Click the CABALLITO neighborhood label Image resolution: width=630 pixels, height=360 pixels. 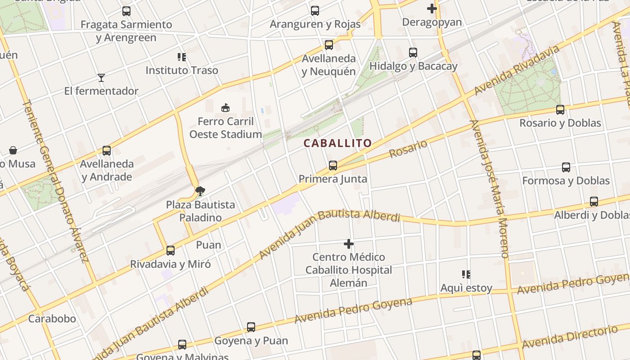[337, 144]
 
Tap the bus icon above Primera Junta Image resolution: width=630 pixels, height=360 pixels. [333, 166]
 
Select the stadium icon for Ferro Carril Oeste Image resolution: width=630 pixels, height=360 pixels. [225, 108]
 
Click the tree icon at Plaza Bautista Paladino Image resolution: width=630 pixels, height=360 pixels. [200, 192]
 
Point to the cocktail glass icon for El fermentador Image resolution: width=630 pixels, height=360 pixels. [101, 78]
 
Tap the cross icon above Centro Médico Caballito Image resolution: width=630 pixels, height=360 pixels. [348, 244]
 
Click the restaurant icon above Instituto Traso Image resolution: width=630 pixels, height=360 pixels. [182, 57]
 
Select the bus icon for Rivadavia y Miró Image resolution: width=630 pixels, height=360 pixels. [171, 251]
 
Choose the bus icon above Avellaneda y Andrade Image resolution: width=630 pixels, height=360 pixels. [107, 151]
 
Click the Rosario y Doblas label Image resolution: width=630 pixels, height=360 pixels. [560, 123]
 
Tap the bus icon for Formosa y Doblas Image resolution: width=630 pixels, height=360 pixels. [566, 167]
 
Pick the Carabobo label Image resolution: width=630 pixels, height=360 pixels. [52, 319]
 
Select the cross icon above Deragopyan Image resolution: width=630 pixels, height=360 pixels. [432, 9]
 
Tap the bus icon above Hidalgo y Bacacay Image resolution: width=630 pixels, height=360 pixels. [413, 53]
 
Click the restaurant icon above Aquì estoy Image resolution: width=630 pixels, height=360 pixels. [466, 274]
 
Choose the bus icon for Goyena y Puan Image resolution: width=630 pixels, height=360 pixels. [251, 327]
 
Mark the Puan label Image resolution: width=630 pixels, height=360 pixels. [208, 245]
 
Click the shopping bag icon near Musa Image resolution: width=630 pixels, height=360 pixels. [13, 150]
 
